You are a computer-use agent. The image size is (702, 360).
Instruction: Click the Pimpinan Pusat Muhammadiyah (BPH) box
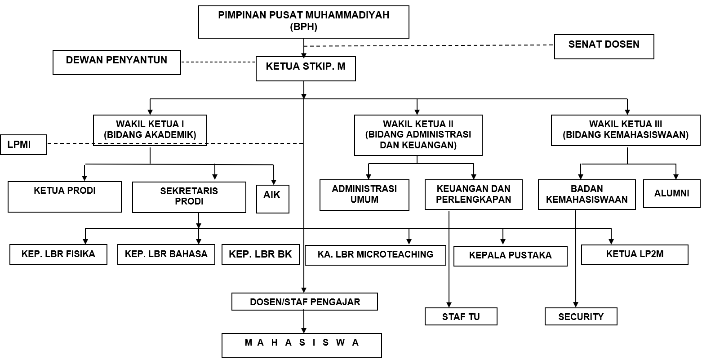coord(304,22)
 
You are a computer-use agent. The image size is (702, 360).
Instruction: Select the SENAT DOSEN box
coord(604,46)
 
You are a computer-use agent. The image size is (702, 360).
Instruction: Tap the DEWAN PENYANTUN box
coord(117,62)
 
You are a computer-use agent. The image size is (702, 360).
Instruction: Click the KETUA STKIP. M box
coord(306,68)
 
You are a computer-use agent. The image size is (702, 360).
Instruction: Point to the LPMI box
coord(23,145)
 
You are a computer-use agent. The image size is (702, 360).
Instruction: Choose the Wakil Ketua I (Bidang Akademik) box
coord(150,130)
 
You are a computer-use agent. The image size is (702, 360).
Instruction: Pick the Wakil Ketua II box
coord(418,135)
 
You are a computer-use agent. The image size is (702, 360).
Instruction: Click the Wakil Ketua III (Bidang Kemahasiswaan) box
coord(625,130)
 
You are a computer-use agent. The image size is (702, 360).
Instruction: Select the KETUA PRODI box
coord(65,196)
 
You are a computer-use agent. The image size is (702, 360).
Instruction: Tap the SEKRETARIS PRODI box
coord(189,197)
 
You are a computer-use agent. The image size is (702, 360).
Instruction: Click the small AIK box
coord(272,199)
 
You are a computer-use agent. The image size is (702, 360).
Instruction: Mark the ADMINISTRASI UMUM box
coord(364,195)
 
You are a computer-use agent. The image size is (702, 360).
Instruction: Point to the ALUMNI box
coord(671,194)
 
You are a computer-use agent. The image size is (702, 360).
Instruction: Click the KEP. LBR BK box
coord(260,254)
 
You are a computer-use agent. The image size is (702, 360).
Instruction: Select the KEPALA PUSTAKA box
coord(510,256)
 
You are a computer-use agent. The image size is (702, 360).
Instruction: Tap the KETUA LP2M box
coord(635,254)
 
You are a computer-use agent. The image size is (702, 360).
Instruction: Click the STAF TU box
coord(461,316)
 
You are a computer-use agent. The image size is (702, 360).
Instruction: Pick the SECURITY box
coord(581,316)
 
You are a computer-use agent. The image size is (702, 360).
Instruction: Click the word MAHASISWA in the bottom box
coord(302,343)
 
